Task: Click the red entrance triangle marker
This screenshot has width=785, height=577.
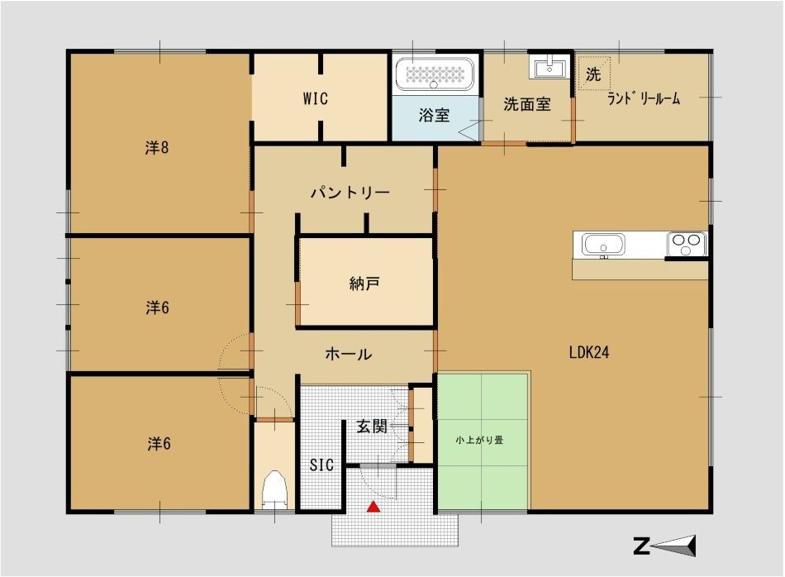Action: [373, 507]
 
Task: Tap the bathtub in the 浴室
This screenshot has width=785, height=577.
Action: [434, 74]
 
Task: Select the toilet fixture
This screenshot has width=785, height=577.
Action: [275, 489]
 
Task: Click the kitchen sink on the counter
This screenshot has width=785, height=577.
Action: [603, 246]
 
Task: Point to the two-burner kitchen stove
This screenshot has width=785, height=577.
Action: [687, 244]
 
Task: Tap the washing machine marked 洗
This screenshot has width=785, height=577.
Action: [594, 74]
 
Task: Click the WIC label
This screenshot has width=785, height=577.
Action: [316, 98]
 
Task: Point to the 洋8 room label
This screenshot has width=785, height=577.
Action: [157, 148]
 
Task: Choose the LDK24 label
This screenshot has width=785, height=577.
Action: [588, 352]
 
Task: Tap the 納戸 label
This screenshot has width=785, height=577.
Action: [364, 284]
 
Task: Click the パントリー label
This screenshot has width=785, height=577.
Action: [350, 193]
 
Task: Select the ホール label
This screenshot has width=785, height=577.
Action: [349, 354]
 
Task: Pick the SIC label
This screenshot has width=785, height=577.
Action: [321, 465]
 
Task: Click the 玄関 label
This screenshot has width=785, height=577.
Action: [372, 427]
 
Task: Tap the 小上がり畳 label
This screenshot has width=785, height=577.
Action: [479, 441]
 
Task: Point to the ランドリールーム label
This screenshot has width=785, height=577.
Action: [644, 98]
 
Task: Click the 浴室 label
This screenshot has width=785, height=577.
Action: [434, 115]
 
